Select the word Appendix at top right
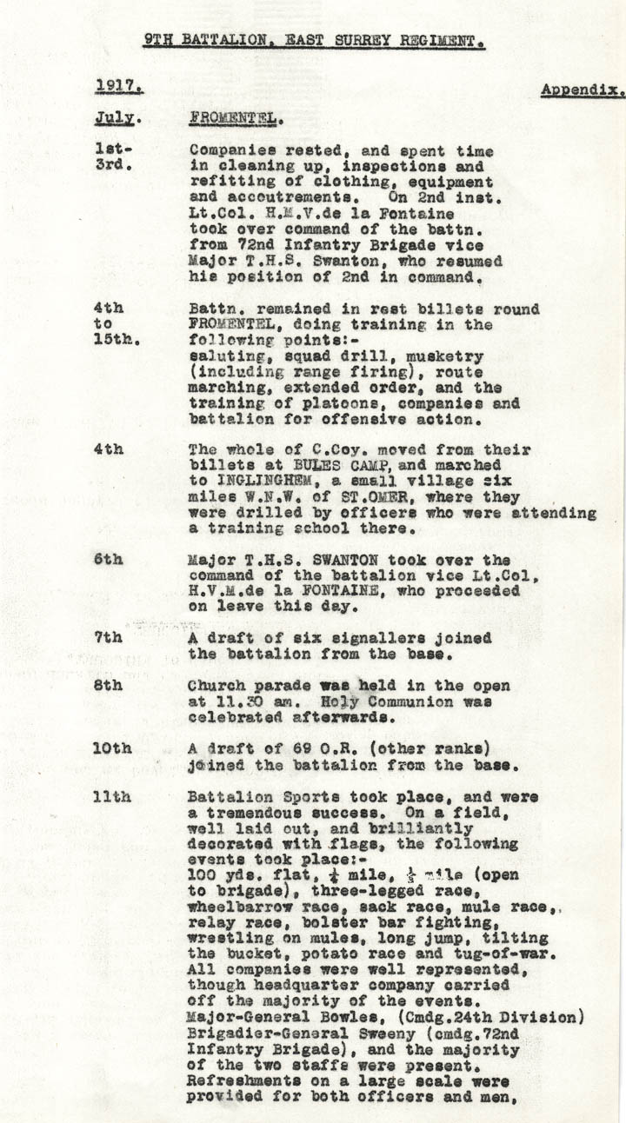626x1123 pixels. click(582, 90)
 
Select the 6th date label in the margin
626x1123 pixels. click(108, 560)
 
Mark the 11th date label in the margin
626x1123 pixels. click(112, 797)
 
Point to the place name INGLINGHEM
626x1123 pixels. click(270, 482)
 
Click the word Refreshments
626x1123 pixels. click(244, 1079)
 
